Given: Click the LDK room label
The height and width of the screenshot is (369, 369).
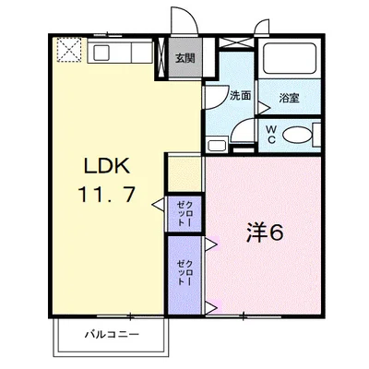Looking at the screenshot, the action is (x=107, y=167).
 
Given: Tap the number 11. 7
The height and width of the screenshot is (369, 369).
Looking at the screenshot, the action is (x=107, y=195).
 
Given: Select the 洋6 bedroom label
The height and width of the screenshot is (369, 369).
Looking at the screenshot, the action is (x=265, y=233).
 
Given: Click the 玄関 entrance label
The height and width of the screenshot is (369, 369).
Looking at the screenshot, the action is (x=185, y=58).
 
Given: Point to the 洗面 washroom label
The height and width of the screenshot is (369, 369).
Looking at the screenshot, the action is (x=241, y=96).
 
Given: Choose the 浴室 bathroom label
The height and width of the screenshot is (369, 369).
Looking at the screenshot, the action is (x=289, y=98).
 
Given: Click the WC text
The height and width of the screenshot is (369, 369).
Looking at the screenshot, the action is (x=271, y=134).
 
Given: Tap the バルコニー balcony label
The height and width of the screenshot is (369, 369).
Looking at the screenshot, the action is (x=112, y=334).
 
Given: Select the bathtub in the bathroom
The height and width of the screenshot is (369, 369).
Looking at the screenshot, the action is (x=290, y=59).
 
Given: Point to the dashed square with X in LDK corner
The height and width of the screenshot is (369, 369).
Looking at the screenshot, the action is (x=69, y=50).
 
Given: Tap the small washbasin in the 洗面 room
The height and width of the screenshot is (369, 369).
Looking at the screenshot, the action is (x=217, y=145).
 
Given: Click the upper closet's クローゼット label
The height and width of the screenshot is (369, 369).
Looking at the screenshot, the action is (x=185, y=213).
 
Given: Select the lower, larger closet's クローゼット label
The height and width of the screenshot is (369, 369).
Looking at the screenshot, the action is (x=185, y=272).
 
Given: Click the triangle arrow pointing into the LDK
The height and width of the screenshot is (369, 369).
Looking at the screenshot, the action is (x=159, y=205).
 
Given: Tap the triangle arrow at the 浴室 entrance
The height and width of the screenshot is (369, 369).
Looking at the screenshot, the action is (x=263, y=108).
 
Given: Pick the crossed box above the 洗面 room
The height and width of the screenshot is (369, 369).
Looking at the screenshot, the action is (x=236, y=42).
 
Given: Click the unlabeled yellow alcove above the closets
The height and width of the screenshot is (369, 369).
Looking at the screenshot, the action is (x=184, y=174).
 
